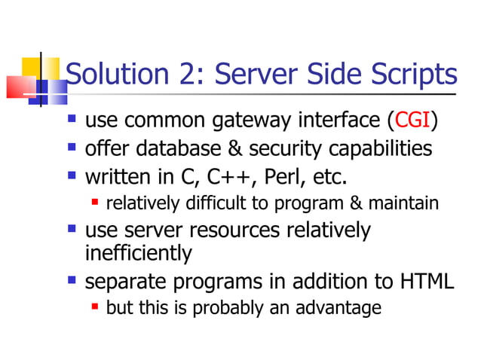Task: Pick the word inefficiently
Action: [x=139, y=254]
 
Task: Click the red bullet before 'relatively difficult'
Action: [x=95, y=202]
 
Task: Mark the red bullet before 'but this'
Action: [x=95, y=307]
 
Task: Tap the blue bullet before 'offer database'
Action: [x=72, y=147]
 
